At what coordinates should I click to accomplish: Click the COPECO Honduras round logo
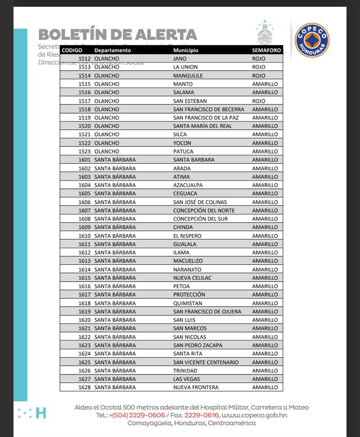click(x=312, y=40)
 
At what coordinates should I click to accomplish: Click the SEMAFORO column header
click(x=267, y=51)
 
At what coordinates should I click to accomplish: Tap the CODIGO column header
click(x=72, y=51)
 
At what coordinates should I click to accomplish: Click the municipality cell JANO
click(x=179, y=58)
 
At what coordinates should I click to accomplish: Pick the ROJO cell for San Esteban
click(x=259, y=101)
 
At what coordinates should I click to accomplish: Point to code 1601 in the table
click(x=84, y=160)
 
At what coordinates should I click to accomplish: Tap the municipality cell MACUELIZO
click(x=187, y=261)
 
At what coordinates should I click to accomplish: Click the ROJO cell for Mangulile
click(x=259, y=75)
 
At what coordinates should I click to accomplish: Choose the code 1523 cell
click(x=84, y=151)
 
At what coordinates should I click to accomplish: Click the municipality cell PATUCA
click(x=183, y=151)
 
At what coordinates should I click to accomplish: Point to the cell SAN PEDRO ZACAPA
click(x=197, y=345)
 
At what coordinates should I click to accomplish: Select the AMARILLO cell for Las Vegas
click(x=265, y=379)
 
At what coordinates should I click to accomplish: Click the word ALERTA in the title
click(x=166, y=35)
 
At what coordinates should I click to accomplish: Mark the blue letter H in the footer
click(x=40, y=413)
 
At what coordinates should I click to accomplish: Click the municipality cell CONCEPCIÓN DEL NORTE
click(x=204, y=210)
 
